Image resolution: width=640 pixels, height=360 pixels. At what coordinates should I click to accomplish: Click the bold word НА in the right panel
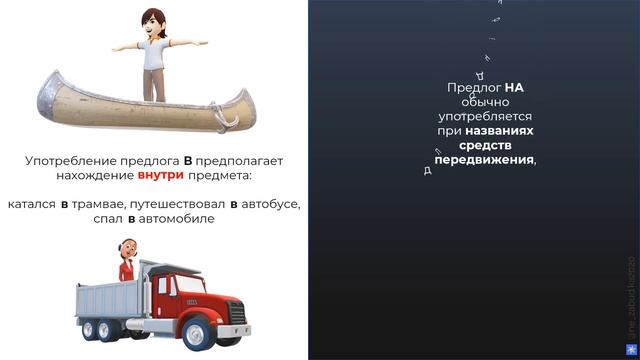514,88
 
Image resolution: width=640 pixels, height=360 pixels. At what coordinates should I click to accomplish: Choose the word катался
31,204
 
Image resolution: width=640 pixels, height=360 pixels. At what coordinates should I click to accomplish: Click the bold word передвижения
485,158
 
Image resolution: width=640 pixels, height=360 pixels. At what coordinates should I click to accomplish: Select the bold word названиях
499,130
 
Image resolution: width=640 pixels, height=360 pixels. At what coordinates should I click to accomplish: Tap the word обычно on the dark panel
486,102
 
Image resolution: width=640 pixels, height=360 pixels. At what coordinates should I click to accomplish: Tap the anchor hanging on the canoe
225,118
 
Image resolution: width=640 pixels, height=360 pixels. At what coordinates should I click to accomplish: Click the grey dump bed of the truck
119,290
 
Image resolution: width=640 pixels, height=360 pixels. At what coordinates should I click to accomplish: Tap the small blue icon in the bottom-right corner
630,350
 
